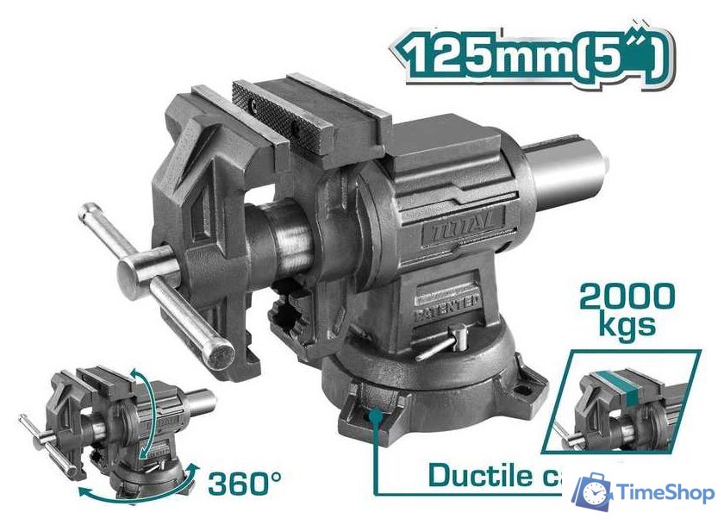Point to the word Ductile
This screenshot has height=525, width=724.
478,475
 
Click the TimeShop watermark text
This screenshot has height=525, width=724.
665,492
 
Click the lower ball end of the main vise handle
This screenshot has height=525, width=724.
220,355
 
